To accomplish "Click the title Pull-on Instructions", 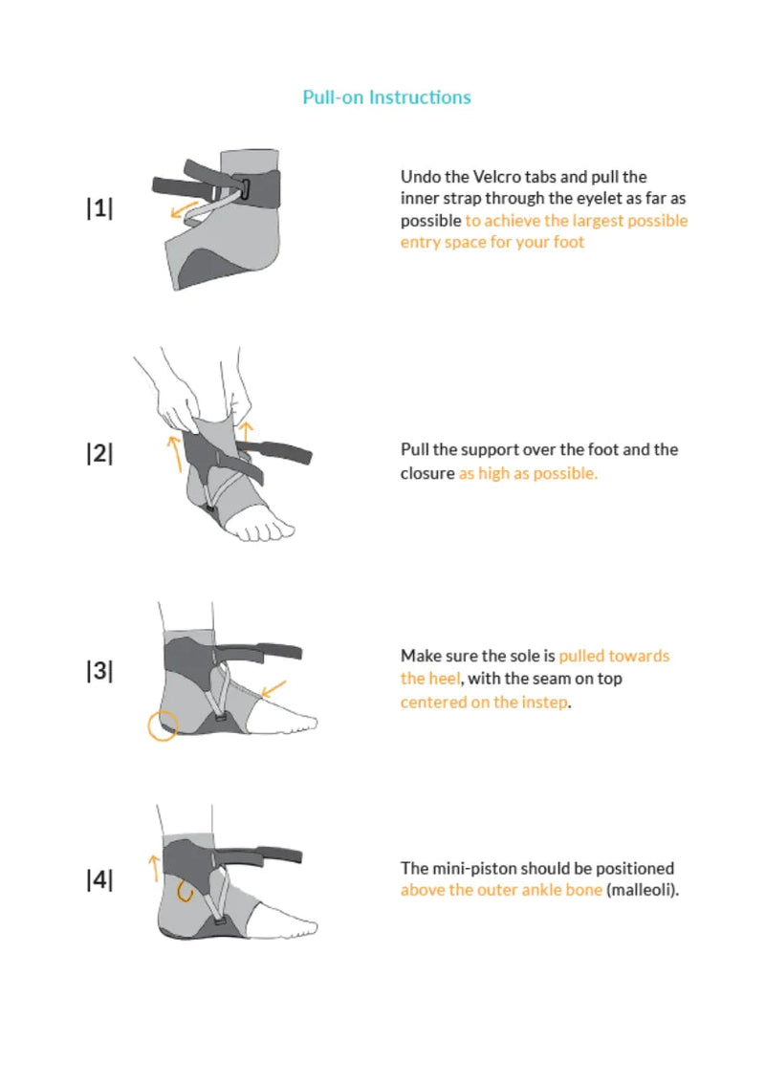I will (x=386, y=97).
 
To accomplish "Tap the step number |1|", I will (x=99, y=208).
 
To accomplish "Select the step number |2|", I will (x=99, y=453).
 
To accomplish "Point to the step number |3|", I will (x=99, y=670).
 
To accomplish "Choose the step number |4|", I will (x=99, y=880).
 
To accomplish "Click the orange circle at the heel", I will (x=162, y=725).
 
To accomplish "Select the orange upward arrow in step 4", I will (x=152, y=867).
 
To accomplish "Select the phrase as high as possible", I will (x=528, y=473).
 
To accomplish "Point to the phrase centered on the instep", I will (x=484, y=702).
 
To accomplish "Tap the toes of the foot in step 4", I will (x=304, y=924).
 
